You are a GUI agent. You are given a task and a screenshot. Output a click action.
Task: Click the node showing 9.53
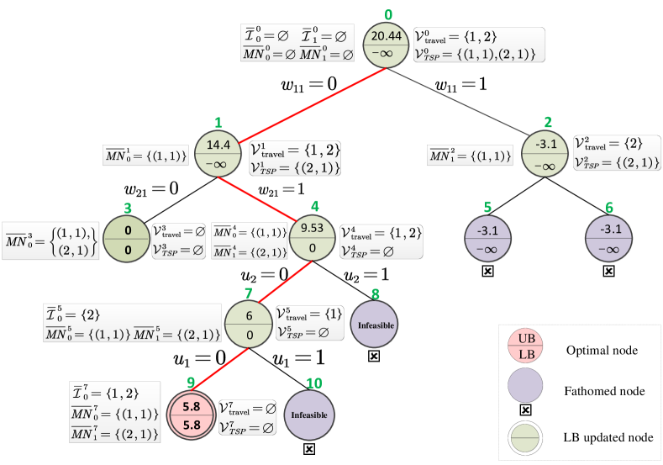click(x=313, y=238)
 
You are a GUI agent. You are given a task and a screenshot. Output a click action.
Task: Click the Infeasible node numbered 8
click(x=374, y=323)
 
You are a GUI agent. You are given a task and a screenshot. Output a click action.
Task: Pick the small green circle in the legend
click(x=527, y=437)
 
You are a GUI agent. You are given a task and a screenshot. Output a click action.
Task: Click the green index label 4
click(x=315, y=205)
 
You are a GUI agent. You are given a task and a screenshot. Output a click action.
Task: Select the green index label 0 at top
click(x=388, y=14)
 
